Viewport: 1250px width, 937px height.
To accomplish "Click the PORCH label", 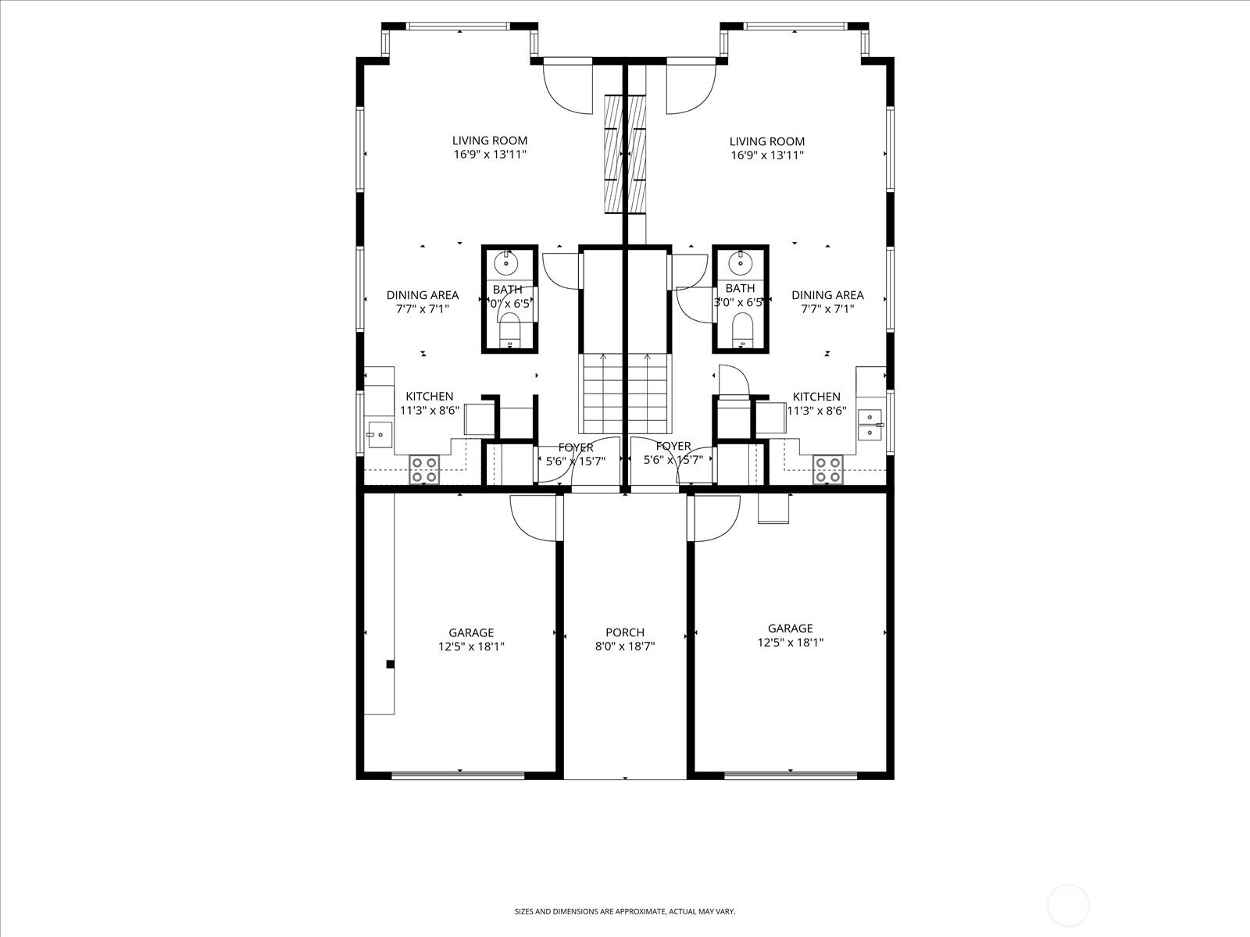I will tap(624, 632).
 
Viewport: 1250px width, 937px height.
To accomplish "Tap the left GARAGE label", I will tap(471, 632).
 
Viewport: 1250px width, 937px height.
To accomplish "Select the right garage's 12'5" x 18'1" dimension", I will tap(790, 643).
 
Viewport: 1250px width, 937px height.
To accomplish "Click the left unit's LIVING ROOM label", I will tap(490, 141).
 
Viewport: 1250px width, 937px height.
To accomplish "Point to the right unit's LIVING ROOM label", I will tap(766, 141).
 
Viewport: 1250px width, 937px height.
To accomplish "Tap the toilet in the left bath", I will tap(511, 330).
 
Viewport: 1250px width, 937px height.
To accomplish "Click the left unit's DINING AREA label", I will tap(423, 295).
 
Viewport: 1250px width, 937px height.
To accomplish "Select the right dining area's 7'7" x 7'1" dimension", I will tap(827, 308).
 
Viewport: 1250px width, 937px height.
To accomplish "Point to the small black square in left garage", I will tap(390, 664).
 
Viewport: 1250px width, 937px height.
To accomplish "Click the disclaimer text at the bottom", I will tap(624, 911).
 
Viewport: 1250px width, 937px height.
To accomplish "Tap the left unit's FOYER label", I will tap(576, 447).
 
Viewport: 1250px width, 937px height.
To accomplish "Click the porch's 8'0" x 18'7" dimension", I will tap(624, 646).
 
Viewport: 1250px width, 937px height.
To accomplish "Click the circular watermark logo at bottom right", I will tap(1067, 907).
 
